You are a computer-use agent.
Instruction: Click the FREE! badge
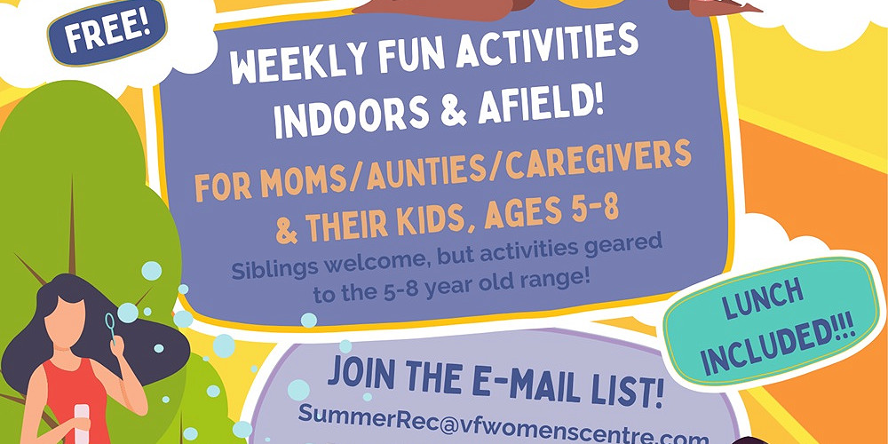(x=107, y=32)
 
